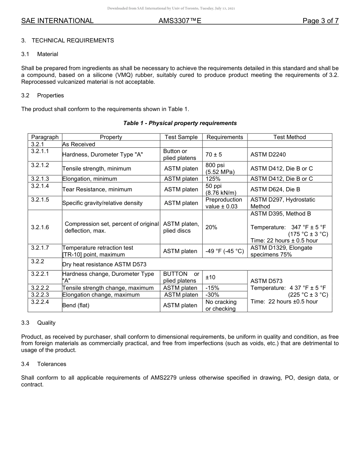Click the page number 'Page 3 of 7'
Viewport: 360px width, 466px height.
tap(320, 21)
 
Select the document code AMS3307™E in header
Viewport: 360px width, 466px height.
tap(180, 21)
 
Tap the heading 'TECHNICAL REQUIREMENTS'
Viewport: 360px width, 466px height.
tap(73, 41)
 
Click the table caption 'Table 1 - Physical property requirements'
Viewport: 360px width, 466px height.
tap(180, 123)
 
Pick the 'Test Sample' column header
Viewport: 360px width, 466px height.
tap(181, 137)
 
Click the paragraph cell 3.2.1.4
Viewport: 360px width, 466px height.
tap(40, 186)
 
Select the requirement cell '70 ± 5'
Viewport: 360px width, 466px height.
tap(214, 155)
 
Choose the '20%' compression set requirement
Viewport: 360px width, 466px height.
tap(211, 227)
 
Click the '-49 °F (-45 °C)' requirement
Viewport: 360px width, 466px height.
tap(225, 251)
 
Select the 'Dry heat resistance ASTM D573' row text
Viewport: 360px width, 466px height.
tap(104, 264)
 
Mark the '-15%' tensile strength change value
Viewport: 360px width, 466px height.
tap(212, 288)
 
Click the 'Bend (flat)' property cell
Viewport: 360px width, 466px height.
tap(76, 305)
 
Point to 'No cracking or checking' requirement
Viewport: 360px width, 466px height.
tap(221, 305)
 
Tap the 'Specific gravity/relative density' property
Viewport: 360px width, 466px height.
tap(102, 203)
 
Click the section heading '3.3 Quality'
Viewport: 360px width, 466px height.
tap(39, 323)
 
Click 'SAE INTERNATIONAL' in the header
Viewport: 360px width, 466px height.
tap(57, 21)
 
